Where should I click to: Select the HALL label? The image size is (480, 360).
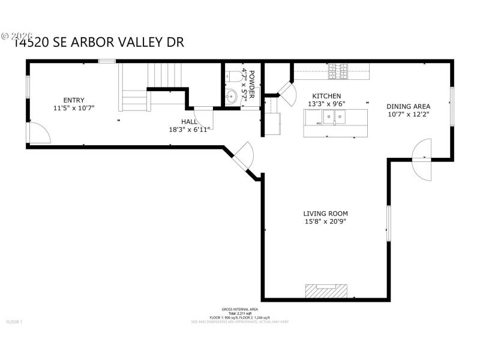tap(190, 122)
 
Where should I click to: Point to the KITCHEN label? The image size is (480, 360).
tap(326, 96)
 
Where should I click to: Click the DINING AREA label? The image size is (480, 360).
tap(408, 106)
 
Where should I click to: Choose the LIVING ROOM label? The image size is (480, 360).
tap(325, 214)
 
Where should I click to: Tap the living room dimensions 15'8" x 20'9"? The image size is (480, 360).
tap(325, 221)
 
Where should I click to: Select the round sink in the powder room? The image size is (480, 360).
tap(232, 95)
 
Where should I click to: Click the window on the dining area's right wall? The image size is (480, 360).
tap(451, 106)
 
